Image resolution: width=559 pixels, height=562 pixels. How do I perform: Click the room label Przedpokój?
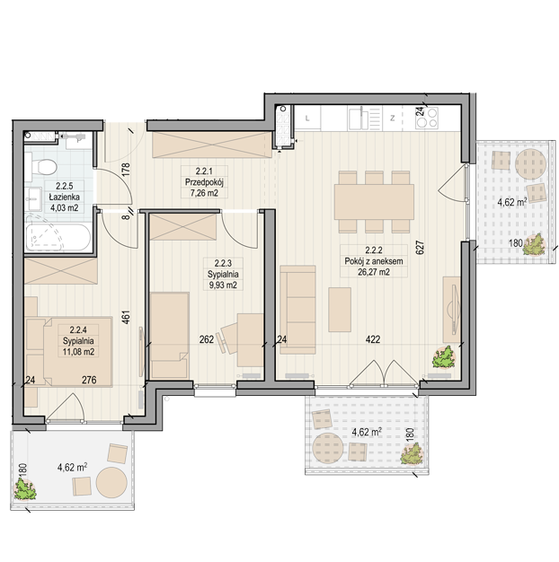(x=204, y=182)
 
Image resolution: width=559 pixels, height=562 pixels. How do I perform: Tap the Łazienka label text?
(x=64, y=197)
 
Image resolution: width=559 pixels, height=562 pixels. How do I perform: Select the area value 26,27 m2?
(x=374, y=272)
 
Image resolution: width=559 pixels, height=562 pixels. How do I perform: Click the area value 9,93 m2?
(x=223, y=285)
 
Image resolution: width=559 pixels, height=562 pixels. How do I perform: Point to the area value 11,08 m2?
(x=78, y=352)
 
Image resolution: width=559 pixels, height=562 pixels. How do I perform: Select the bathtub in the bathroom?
(x=58, y=236)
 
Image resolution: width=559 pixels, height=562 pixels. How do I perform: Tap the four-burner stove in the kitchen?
(x=427, y=118)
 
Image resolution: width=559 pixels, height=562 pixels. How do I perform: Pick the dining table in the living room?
(x=374, y=202)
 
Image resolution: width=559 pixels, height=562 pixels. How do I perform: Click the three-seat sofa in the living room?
(x=297, y=310)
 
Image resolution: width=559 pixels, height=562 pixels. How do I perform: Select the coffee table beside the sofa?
(x=340, y=310)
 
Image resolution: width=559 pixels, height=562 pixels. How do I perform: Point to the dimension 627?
(x=420, y=248)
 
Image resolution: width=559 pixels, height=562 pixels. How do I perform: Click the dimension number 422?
(x=373, y=339)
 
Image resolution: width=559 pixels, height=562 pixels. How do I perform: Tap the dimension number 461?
(x=127, y=317)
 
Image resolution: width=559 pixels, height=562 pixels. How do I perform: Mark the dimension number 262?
(x=207, y=339)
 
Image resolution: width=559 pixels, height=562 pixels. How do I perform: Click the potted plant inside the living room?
(x=444, y=357)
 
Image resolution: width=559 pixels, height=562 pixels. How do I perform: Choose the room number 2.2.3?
(x=223, y=263)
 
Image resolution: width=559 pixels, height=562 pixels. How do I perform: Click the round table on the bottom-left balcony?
(x=111, y=482)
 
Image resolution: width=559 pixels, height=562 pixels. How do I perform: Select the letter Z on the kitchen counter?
(x=393, y=118)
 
